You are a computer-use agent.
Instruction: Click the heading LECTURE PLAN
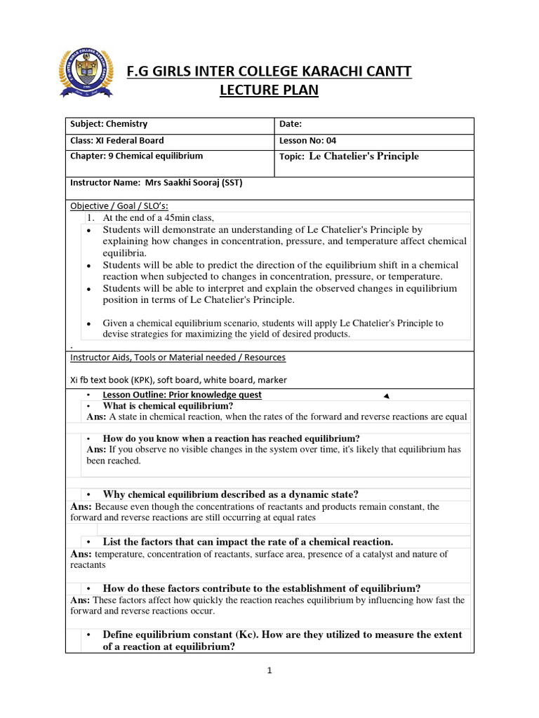(x=269, y=90)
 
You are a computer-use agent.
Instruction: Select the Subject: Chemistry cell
(x=109, y=124)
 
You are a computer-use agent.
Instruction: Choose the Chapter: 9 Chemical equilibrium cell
(x=136, y=156)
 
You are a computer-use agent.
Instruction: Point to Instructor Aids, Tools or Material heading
(x=178, y=358)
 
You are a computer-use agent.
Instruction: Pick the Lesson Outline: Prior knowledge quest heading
(x=182, y=395)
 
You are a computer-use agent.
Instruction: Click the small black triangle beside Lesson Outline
(x=385, y=396)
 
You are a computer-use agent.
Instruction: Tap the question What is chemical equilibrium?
(x=168, y=406)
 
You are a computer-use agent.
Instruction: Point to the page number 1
(x=269, y=670)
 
